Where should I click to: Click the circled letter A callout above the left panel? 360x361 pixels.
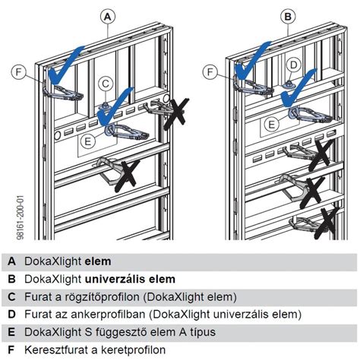(108, 17)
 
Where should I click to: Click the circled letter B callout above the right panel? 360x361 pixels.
(288, 17)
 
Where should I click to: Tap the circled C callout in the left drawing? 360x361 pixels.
(106, 84)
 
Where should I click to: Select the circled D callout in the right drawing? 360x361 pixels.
(293, 65)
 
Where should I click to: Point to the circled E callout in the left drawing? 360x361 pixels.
(88, 141)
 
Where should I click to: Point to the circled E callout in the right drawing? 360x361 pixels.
(272, 125)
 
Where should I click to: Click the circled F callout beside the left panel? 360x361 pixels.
(19, 72)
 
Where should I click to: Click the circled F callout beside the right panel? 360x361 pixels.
(210, 72)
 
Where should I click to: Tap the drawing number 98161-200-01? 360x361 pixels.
(21, 217)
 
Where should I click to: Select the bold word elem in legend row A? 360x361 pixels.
(98, 261)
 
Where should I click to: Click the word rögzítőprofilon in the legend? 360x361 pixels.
(103, 297)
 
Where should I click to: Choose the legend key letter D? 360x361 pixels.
(11, 315)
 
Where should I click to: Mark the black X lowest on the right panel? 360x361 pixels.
(327, 223)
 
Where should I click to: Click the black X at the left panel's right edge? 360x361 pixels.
(176, 114)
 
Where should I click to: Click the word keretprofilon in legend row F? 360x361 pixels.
(134, 350)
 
